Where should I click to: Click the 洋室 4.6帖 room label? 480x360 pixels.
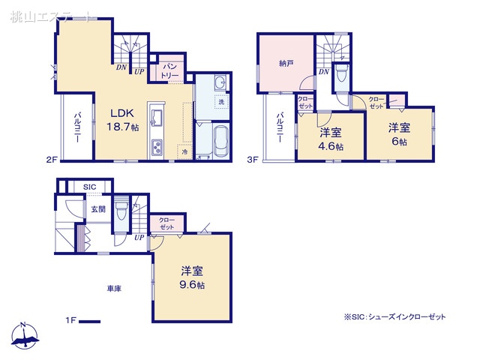click(x=331, y=139)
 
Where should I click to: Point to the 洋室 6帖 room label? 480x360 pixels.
click(x=398, y=134)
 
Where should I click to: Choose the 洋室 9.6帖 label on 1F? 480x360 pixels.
click(x=192, y=277)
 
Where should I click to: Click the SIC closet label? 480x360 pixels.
click(x=88, y=187)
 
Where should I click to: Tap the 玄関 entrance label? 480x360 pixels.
click(x=98, y=208)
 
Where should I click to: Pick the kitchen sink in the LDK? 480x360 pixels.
click(x=158, y=118)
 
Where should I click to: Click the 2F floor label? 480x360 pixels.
click(x=51, y=159)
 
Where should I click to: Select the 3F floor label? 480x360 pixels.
click(x=253, y=159)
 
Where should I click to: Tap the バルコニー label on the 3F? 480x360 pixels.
click(x=278, y=128)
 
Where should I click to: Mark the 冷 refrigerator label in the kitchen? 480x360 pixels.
click(x=184, y=151)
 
